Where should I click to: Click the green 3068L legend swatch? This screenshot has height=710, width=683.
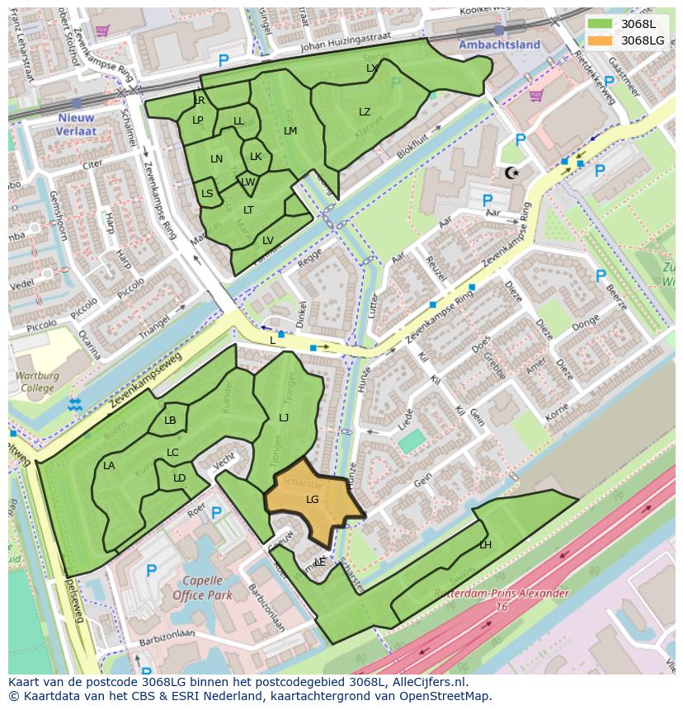(x=601, y=24)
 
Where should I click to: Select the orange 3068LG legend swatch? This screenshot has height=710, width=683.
(x=601, y=40)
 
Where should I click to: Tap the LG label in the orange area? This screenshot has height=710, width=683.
(x=313, y=500)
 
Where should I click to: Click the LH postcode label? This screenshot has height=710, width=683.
(x=485, y=545)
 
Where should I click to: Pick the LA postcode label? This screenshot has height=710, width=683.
(x=109, y=466)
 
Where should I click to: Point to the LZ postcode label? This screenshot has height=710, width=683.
(x=365, y=112)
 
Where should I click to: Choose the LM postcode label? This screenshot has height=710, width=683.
(x=290, y=131)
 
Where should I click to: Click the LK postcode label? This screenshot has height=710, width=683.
(x=256, y=157)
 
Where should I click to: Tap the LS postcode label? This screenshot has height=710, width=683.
(x=207, y=194)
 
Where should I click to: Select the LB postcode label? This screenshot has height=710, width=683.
(x=170, y=421)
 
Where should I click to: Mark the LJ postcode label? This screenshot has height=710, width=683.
(x=284, y=418)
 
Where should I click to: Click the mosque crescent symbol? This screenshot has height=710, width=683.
(x=511, y=172)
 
